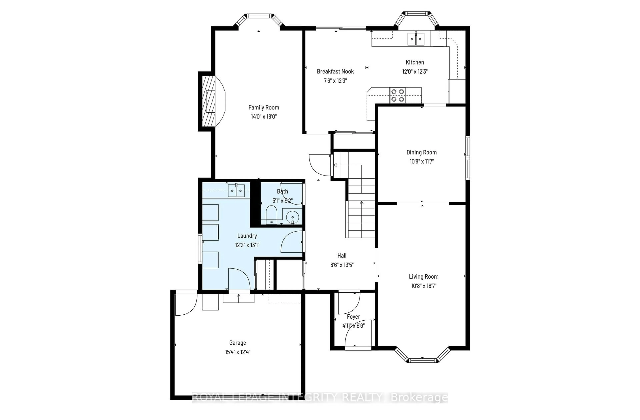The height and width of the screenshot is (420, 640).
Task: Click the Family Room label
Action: [263, 108]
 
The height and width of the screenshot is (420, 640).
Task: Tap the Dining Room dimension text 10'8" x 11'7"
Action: [421, 161]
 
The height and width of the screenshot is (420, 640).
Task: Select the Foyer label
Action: [353, 317]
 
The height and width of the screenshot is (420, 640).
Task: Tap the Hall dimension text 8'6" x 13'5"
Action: [342, 265]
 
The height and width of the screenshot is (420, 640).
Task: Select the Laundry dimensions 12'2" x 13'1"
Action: [247, 245]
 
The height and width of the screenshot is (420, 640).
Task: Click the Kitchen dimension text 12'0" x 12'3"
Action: [415, 72]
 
